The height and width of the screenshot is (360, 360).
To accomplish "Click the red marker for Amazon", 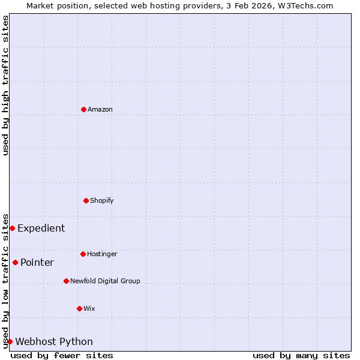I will [84, 109].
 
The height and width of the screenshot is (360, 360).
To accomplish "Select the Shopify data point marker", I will [86, 200].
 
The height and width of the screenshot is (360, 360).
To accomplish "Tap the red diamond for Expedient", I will [12, 228].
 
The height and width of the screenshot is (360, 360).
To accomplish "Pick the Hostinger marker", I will [83, 254].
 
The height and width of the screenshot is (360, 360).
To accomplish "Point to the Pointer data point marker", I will [15, 262].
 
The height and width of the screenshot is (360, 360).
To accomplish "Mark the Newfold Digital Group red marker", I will [67, 281].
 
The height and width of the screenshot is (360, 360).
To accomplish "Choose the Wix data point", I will [80, 308].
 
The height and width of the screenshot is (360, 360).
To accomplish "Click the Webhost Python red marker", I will [10, 341].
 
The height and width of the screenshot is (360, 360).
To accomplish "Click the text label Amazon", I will [100, 109].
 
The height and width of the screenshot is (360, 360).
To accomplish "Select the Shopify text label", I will [102, 200].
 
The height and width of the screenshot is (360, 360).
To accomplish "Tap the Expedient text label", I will [41, 228].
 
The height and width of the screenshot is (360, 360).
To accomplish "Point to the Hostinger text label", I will [102, 254].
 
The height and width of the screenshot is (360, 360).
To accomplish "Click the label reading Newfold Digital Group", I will [105, 281].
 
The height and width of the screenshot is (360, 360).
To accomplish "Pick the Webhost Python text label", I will [54, 341].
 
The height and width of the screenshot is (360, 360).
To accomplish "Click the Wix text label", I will [89, 308].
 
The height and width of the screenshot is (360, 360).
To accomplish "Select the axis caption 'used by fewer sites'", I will [62, 355].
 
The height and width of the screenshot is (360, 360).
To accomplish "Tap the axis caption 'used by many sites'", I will [301, 355].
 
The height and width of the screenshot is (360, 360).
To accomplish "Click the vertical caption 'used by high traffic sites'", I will [5, 85].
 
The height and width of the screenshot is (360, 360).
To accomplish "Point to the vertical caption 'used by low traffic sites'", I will [5, 281].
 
